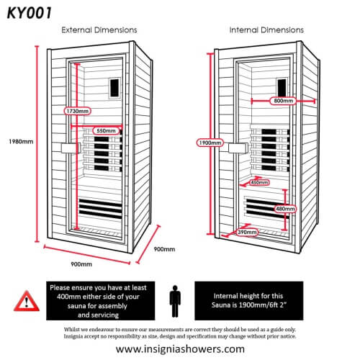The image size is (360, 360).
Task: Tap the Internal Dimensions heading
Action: [x=266, y=30]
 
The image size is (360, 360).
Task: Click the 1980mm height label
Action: [x=17, y=141]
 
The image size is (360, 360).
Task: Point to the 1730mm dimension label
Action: [x=76, y=112]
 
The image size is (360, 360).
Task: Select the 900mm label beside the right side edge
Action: [x=164, y=249]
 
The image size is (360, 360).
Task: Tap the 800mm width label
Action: [x=284, y=102]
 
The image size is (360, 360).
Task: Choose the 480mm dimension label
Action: [x=286, y=209]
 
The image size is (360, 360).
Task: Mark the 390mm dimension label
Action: [x=248, y=233]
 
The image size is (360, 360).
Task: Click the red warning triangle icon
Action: [x=26, y=300]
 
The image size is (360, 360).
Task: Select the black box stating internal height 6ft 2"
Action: [x=269, y=300]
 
